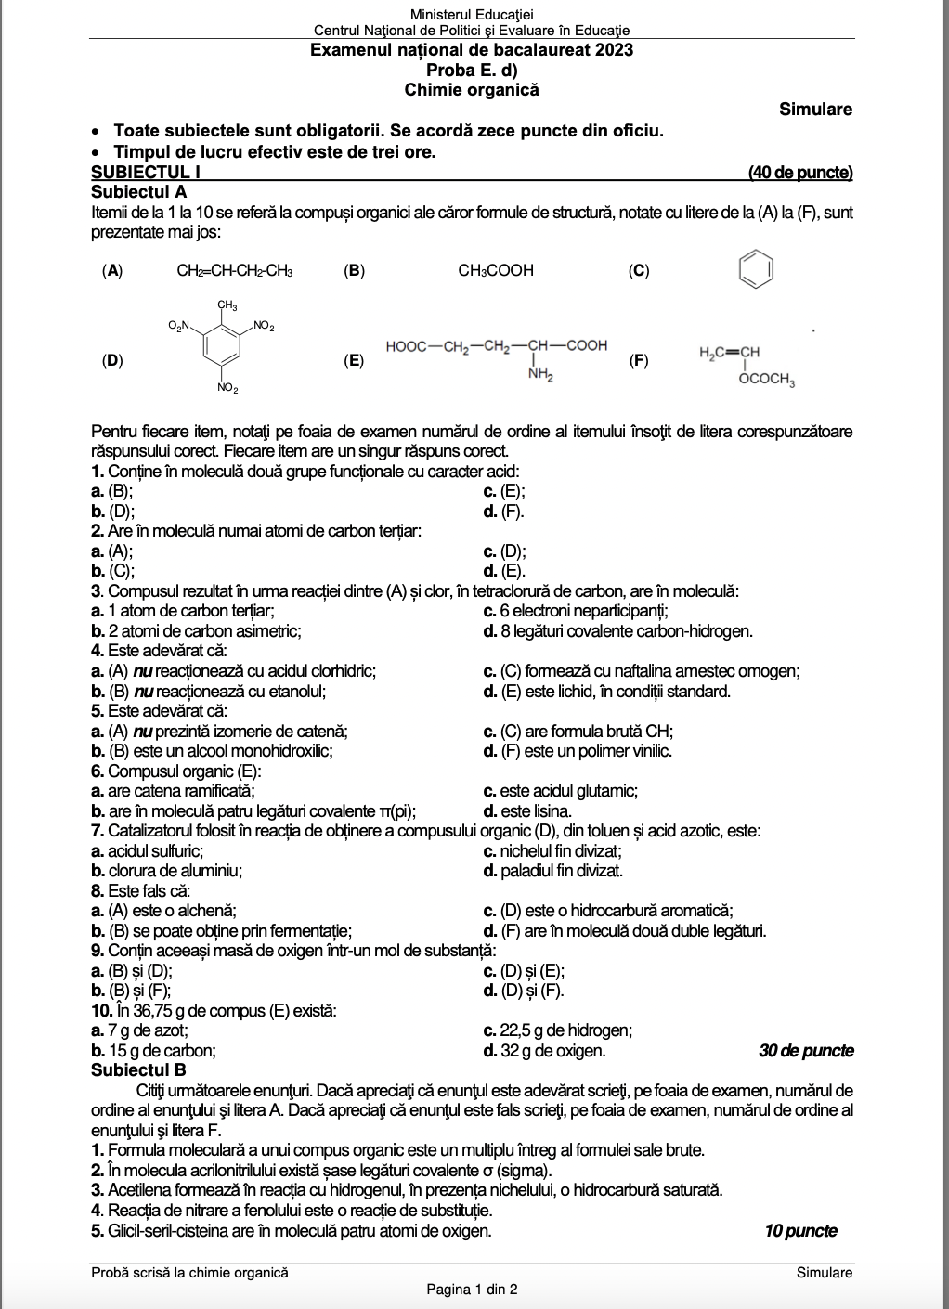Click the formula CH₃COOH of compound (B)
(496, 270)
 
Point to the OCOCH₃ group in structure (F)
(767, 379)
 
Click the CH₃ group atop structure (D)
(227, 305)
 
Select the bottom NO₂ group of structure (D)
(227, 388)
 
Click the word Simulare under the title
(815, 110)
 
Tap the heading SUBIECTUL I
(146, 172)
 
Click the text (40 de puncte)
(800, 172)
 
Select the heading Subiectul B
(138, 1070)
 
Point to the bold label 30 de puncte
(806, 1051)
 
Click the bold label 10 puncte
(800, 1231)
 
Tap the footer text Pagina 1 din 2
(472, 1289)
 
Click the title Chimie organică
(472, 90)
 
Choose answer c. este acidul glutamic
(561, 791)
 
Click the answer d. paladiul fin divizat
(553, 871)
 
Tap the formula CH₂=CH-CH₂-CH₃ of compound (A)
(235, 270)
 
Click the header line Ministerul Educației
(472, 14)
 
